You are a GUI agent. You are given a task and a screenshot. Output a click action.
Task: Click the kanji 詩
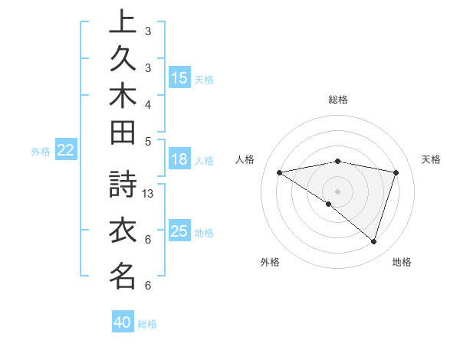[x=123, y=186]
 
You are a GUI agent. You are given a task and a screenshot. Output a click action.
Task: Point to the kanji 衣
[x=123, y=231]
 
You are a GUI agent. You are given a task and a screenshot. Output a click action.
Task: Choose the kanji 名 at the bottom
[x=123, y=276]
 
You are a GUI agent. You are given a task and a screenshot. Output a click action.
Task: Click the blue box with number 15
[x=179, y=77]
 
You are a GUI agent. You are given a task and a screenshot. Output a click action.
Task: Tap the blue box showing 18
[x=179, y=159]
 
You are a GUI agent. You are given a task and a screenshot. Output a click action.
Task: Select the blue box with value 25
[x=179, y=231]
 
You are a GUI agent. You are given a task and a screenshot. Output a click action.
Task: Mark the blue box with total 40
[x=123, y=322]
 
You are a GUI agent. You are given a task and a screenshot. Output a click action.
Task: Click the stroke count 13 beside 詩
[x=149, y=194]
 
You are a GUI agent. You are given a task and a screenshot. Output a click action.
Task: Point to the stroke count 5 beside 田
[x=148, y=140]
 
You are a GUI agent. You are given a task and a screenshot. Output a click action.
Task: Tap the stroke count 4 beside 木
[x=148, y=104]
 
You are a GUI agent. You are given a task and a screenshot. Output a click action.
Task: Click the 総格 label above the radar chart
[x=338, y=100]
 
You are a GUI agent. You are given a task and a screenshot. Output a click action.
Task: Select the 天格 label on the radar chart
[x=432, y=159]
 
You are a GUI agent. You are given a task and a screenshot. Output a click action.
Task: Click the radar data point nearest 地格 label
[x=373, y=241]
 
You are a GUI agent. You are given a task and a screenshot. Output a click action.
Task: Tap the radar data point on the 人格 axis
[x=280, y=172]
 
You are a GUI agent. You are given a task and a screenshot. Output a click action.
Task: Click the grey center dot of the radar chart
[x=338, y=191]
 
